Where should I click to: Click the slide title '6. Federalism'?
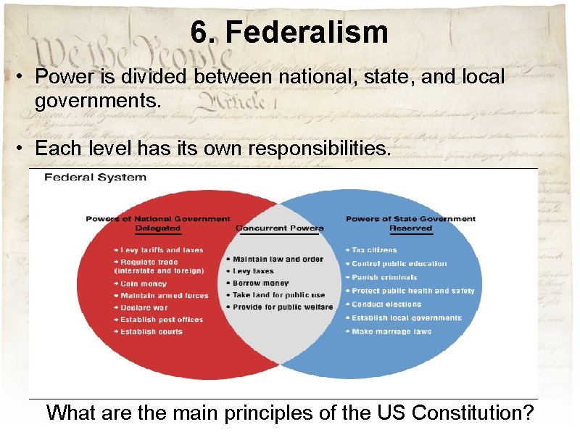coord(289,33)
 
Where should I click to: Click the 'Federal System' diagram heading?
coord(96,177)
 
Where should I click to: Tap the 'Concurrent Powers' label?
coord(280,228)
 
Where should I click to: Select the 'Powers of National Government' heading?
coord(158,218)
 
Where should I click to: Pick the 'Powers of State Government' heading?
coord(410,218)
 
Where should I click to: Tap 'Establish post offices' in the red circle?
coord(162,320)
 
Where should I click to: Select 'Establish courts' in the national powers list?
coord(152,331)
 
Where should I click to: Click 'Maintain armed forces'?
coord(165,296)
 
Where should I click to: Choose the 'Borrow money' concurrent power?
coord(260,283)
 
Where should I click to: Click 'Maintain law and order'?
coord(277,259)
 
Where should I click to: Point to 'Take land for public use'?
coord(279,295)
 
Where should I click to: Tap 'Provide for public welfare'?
coord(283,307)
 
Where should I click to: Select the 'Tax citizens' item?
coord(374,250)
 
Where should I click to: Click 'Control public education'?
coord(399,264)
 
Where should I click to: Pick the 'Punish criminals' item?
coord(384,277)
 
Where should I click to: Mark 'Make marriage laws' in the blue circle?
coord(391,331)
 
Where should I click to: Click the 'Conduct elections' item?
coord(386,304)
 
